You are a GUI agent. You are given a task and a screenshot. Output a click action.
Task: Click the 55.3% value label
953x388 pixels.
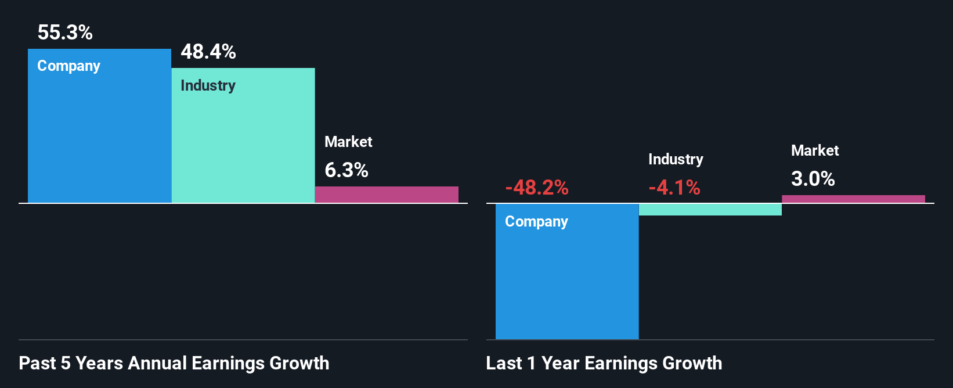(65, 33)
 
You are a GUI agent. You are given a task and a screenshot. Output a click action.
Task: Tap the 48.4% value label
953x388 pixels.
(208, 52)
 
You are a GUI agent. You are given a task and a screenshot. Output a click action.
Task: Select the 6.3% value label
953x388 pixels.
(346, 170)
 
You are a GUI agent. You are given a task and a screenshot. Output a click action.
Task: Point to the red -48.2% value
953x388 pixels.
(537, 188)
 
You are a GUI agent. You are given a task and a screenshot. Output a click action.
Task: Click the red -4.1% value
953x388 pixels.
(674, 188)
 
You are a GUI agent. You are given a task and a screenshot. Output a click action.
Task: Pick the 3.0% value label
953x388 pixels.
(813, 179)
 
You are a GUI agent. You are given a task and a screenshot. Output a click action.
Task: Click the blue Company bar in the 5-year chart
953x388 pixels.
(99, 139)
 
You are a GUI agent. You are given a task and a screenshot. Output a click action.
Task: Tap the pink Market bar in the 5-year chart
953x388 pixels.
(387, 195)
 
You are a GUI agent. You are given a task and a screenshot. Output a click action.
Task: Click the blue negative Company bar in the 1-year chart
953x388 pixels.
(567, 279)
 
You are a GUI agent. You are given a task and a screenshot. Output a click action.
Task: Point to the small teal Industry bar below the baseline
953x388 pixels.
(710, 210)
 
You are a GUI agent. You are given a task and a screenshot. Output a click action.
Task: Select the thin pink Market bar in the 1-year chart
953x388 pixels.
(853, 199)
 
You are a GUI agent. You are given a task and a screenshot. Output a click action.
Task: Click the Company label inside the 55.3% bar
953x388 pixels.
(69, 66)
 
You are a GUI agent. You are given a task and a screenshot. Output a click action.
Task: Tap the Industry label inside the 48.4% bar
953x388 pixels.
(208, 85)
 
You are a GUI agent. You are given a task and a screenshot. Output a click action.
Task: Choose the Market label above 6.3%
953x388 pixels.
(348, 142)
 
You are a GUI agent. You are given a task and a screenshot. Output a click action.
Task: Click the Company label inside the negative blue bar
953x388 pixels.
(536, 222)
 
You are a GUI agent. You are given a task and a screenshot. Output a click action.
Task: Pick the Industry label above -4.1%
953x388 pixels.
(676, 159)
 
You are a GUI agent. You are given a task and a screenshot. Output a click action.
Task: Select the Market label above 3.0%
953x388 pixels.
(815, 150)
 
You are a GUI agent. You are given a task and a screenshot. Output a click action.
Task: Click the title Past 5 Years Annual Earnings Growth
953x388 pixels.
(174, 363)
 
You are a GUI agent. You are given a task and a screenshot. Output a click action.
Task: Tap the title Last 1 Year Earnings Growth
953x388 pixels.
(604, 363)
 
